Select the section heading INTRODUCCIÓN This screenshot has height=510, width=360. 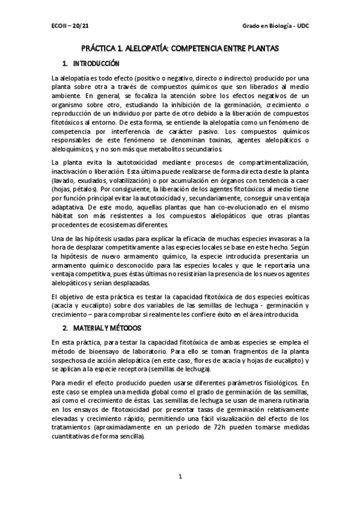pyautogui.click(x=97, y=64)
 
